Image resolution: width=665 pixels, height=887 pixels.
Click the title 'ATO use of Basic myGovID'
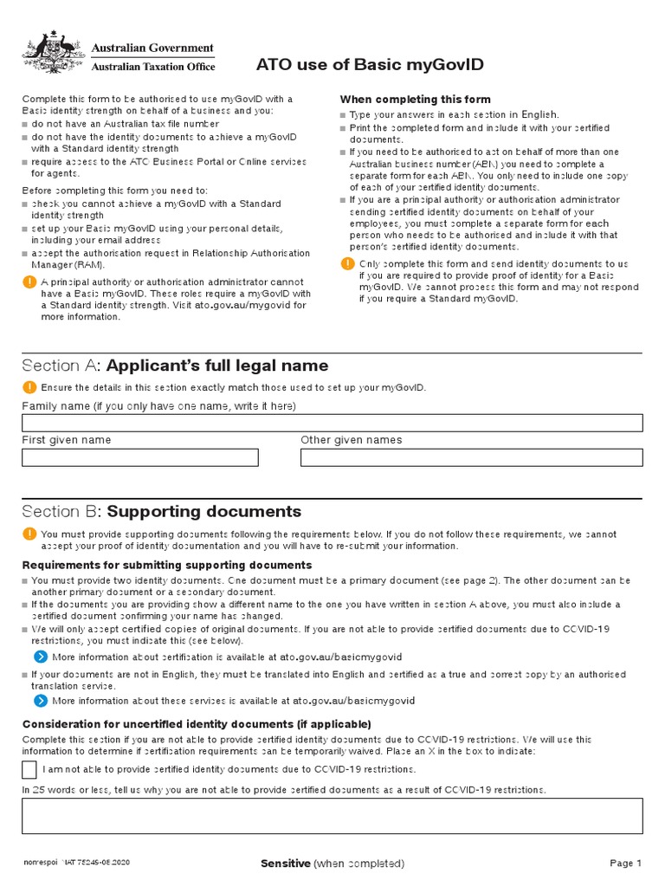pyautogui.click(x=370, y=66)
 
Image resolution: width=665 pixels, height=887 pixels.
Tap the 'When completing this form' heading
pyautogui.click(x=415, y=100)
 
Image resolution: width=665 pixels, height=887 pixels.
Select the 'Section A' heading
pyautogui.click(x=175, y=366)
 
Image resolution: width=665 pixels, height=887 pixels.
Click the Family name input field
pyautogui.click(x=332, y=423)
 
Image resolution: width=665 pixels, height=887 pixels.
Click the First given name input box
pyautogui.click(x=140, y=457)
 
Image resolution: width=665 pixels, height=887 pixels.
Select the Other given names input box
pyautogui.click(x=471, y=457)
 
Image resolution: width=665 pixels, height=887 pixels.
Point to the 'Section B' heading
pyautogui.click(x=162, y=511)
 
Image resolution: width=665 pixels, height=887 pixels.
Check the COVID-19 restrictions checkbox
pyautogui.click(x=29, y=769)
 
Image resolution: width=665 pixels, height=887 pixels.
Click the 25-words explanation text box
pyautogui.click(x=332, y=816)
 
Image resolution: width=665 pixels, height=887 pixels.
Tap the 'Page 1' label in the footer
pyautogui.click(x=625, y=864)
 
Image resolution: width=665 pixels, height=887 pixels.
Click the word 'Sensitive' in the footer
pyautogui.click(x=285, y=864)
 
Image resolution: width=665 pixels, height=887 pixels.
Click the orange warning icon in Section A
pyautogui.click(x=29, y=387)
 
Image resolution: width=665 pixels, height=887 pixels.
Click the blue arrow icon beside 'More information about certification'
pyautogui.click(x=40, y=657)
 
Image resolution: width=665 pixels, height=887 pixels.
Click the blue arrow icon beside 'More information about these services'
pyautogui.click(x=40, y=700)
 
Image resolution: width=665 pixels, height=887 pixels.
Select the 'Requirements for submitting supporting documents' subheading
pyautogui.click(x=166, y=566)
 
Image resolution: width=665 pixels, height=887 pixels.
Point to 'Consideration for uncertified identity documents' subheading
pyautogui.click(x=197, y=724)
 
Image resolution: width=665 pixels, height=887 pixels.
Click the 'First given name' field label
pyautogui.click(x=67, y=440)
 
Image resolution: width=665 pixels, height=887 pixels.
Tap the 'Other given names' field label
pyautogui.click(x=351, y=440)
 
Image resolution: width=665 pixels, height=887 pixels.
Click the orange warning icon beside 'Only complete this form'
pyautogui.click(x=347, y=263)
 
